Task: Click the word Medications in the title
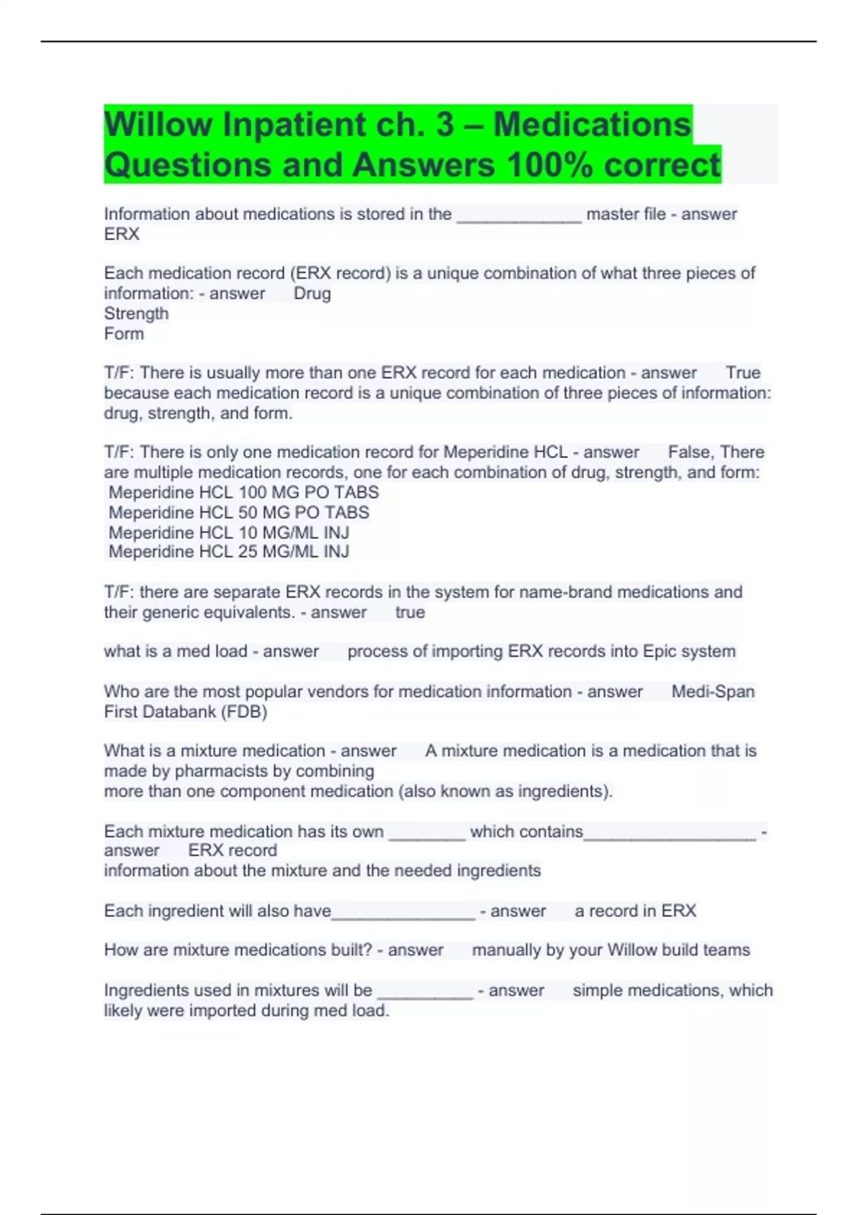(592, 125)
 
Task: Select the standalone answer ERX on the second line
(122, 234)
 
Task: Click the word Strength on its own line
(137, 314)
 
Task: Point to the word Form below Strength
(124, 334)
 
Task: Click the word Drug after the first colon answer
(312, 294)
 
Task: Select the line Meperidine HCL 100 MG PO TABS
(243, 492)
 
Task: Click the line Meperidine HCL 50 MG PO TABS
(239, 512)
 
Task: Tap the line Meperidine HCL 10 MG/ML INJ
(229, 532)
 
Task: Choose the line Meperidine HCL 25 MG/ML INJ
(229, 552)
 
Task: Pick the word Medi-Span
(713, 692)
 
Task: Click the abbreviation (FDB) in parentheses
(244, 712)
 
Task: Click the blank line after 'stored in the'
(518, 216)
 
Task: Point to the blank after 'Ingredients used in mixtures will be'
(425, 992)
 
